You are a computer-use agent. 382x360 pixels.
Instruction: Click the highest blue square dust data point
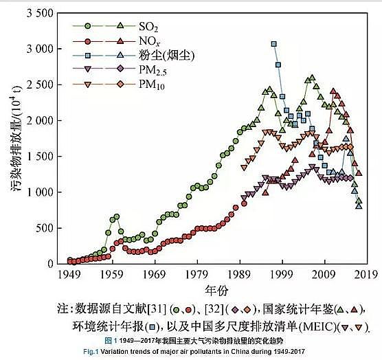point(273,44)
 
